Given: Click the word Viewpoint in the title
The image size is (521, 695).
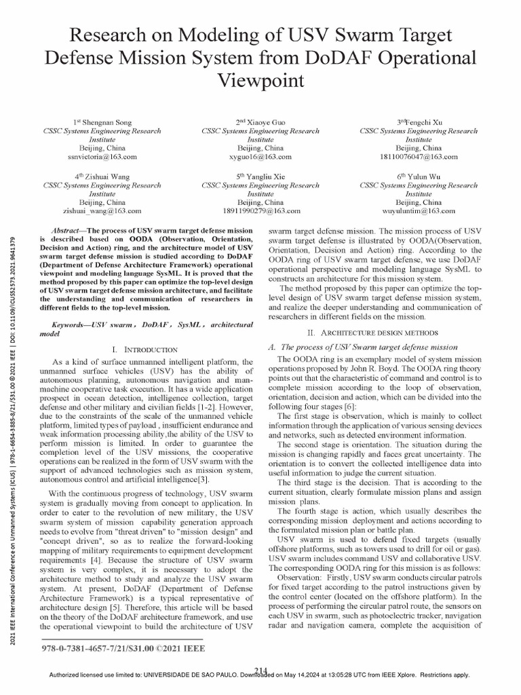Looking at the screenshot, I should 260,81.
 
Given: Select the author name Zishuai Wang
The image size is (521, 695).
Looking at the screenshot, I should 106,176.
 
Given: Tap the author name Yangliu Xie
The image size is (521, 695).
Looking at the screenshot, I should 265,176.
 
